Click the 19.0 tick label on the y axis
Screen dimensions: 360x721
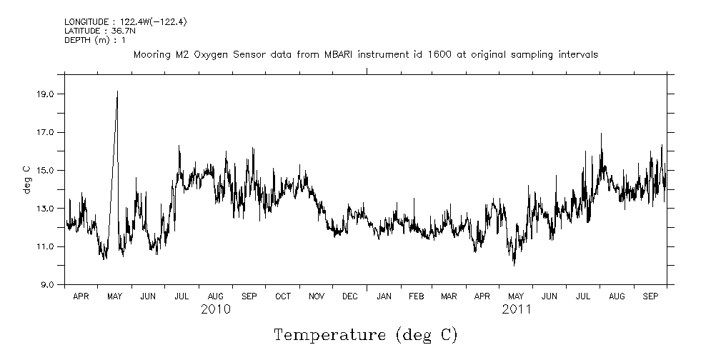pyautogui.click(x=46, y=94)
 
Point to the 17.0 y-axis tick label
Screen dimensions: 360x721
pyautogui.click(x=46, y=132)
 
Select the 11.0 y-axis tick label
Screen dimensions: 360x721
pyautogui.click(x=46, y=246)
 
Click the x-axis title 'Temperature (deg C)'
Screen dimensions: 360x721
pyautogui.click(x=365, y=334)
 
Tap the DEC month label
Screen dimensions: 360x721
pyautogui.click(x=350, y=296)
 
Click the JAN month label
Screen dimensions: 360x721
pyautogui.click(x=384, y=296)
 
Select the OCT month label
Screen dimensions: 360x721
pyautogui.click(x=283, y=296)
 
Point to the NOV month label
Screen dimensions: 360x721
pyautogui.click(x=317, y=296)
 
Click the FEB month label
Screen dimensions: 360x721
pyautogui.click(x=416, y=296)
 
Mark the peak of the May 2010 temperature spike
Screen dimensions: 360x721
pyautogui.click(x=117, y=91)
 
